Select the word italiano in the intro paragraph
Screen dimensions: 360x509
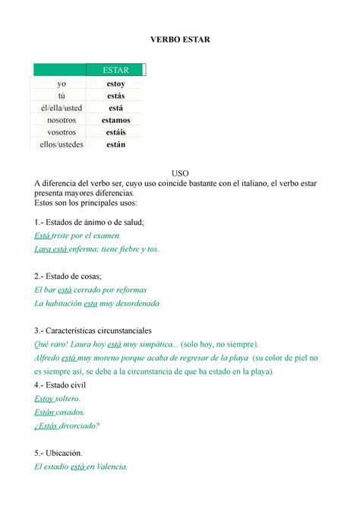click(251, 183)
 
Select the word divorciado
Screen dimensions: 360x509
click(76, 425)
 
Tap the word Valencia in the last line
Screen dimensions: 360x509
click(109, 466)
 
